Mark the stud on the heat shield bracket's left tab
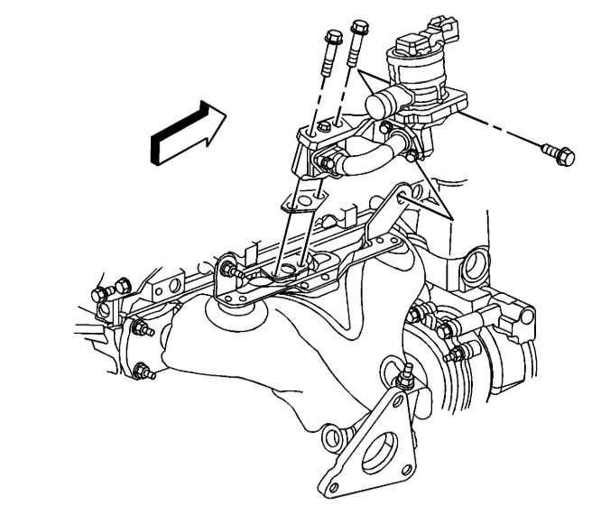point(227,267)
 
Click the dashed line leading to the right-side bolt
point(505,133)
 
